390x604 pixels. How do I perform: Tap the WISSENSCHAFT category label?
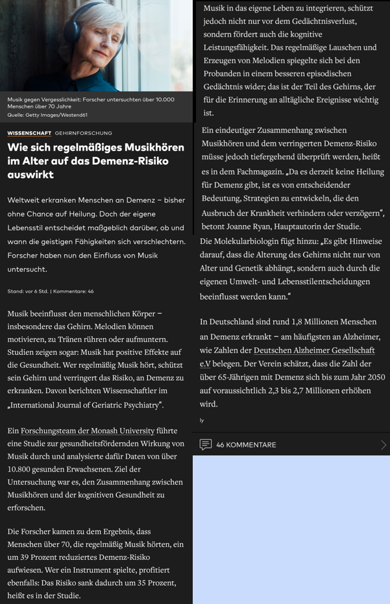tap(29, 133)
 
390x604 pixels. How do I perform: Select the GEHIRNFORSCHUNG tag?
tap(84, 133)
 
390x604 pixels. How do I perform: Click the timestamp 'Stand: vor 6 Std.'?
tap(29, 291)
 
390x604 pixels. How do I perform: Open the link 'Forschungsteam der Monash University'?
tap(88, 431)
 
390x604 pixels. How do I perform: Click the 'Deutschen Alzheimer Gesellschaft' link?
tap(314, 350)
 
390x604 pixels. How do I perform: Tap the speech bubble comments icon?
tap(206, 444)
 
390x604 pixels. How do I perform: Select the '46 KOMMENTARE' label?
tap(246, 445)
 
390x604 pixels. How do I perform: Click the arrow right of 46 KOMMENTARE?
tap(383, 445)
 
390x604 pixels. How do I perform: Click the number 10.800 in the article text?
tap(22, 469)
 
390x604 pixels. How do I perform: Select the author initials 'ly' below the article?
tap(202, 420)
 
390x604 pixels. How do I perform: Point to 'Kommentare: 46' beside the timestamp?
tap(73, 291)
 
